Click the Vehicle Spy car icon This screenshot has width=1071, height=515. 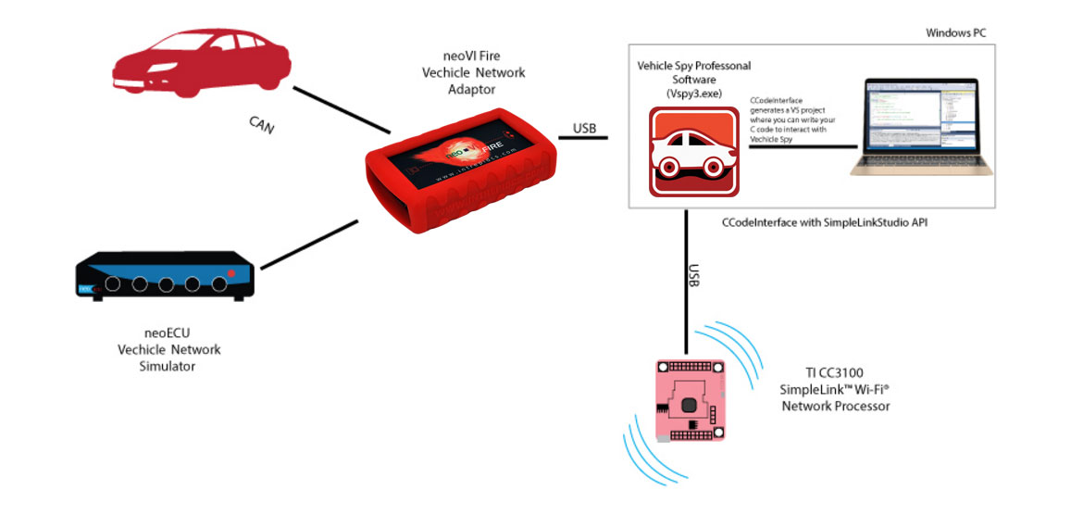click(694, 152)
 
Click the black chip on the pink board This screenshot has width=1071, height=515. click(690, 405)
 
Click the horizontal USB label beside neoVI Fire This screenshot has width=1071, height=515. click(585, 129)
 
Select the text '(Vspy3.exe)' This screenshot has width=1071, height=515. click(694, 94)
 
